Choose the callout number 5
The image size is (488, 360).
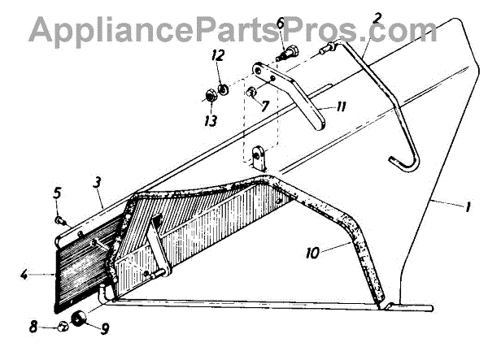coord(56,193)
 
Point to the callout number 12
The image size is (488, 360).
coord(216,55)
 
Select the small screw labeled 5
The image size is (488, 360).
coord(59,218)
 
